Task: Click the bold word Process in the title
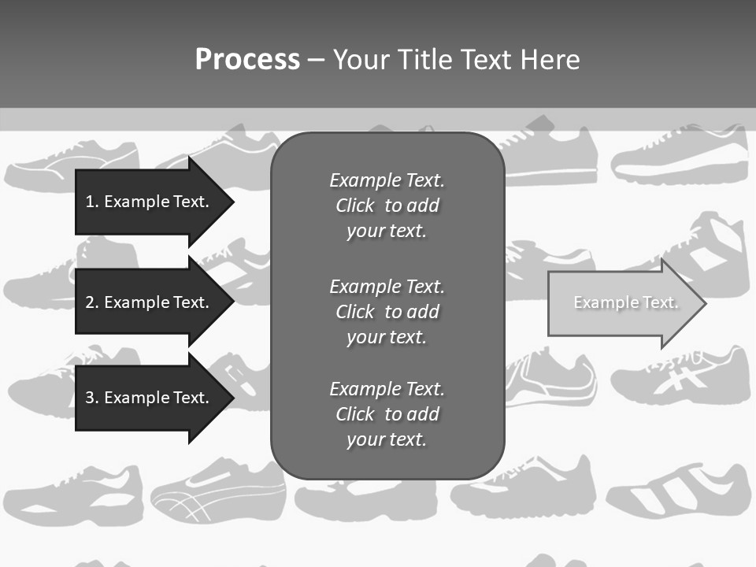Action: point(247,60)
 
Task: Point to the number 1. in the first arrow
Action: point(92,202)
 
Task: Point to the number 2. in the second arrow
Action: point(92,302)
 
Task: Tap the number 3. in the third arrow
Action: point(92,398)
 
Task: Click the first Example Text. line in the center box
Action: point(387,180)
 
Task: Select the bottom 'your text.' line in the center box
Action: point(387,439)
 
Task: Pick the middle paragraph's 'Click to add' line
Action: point(387,312)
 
